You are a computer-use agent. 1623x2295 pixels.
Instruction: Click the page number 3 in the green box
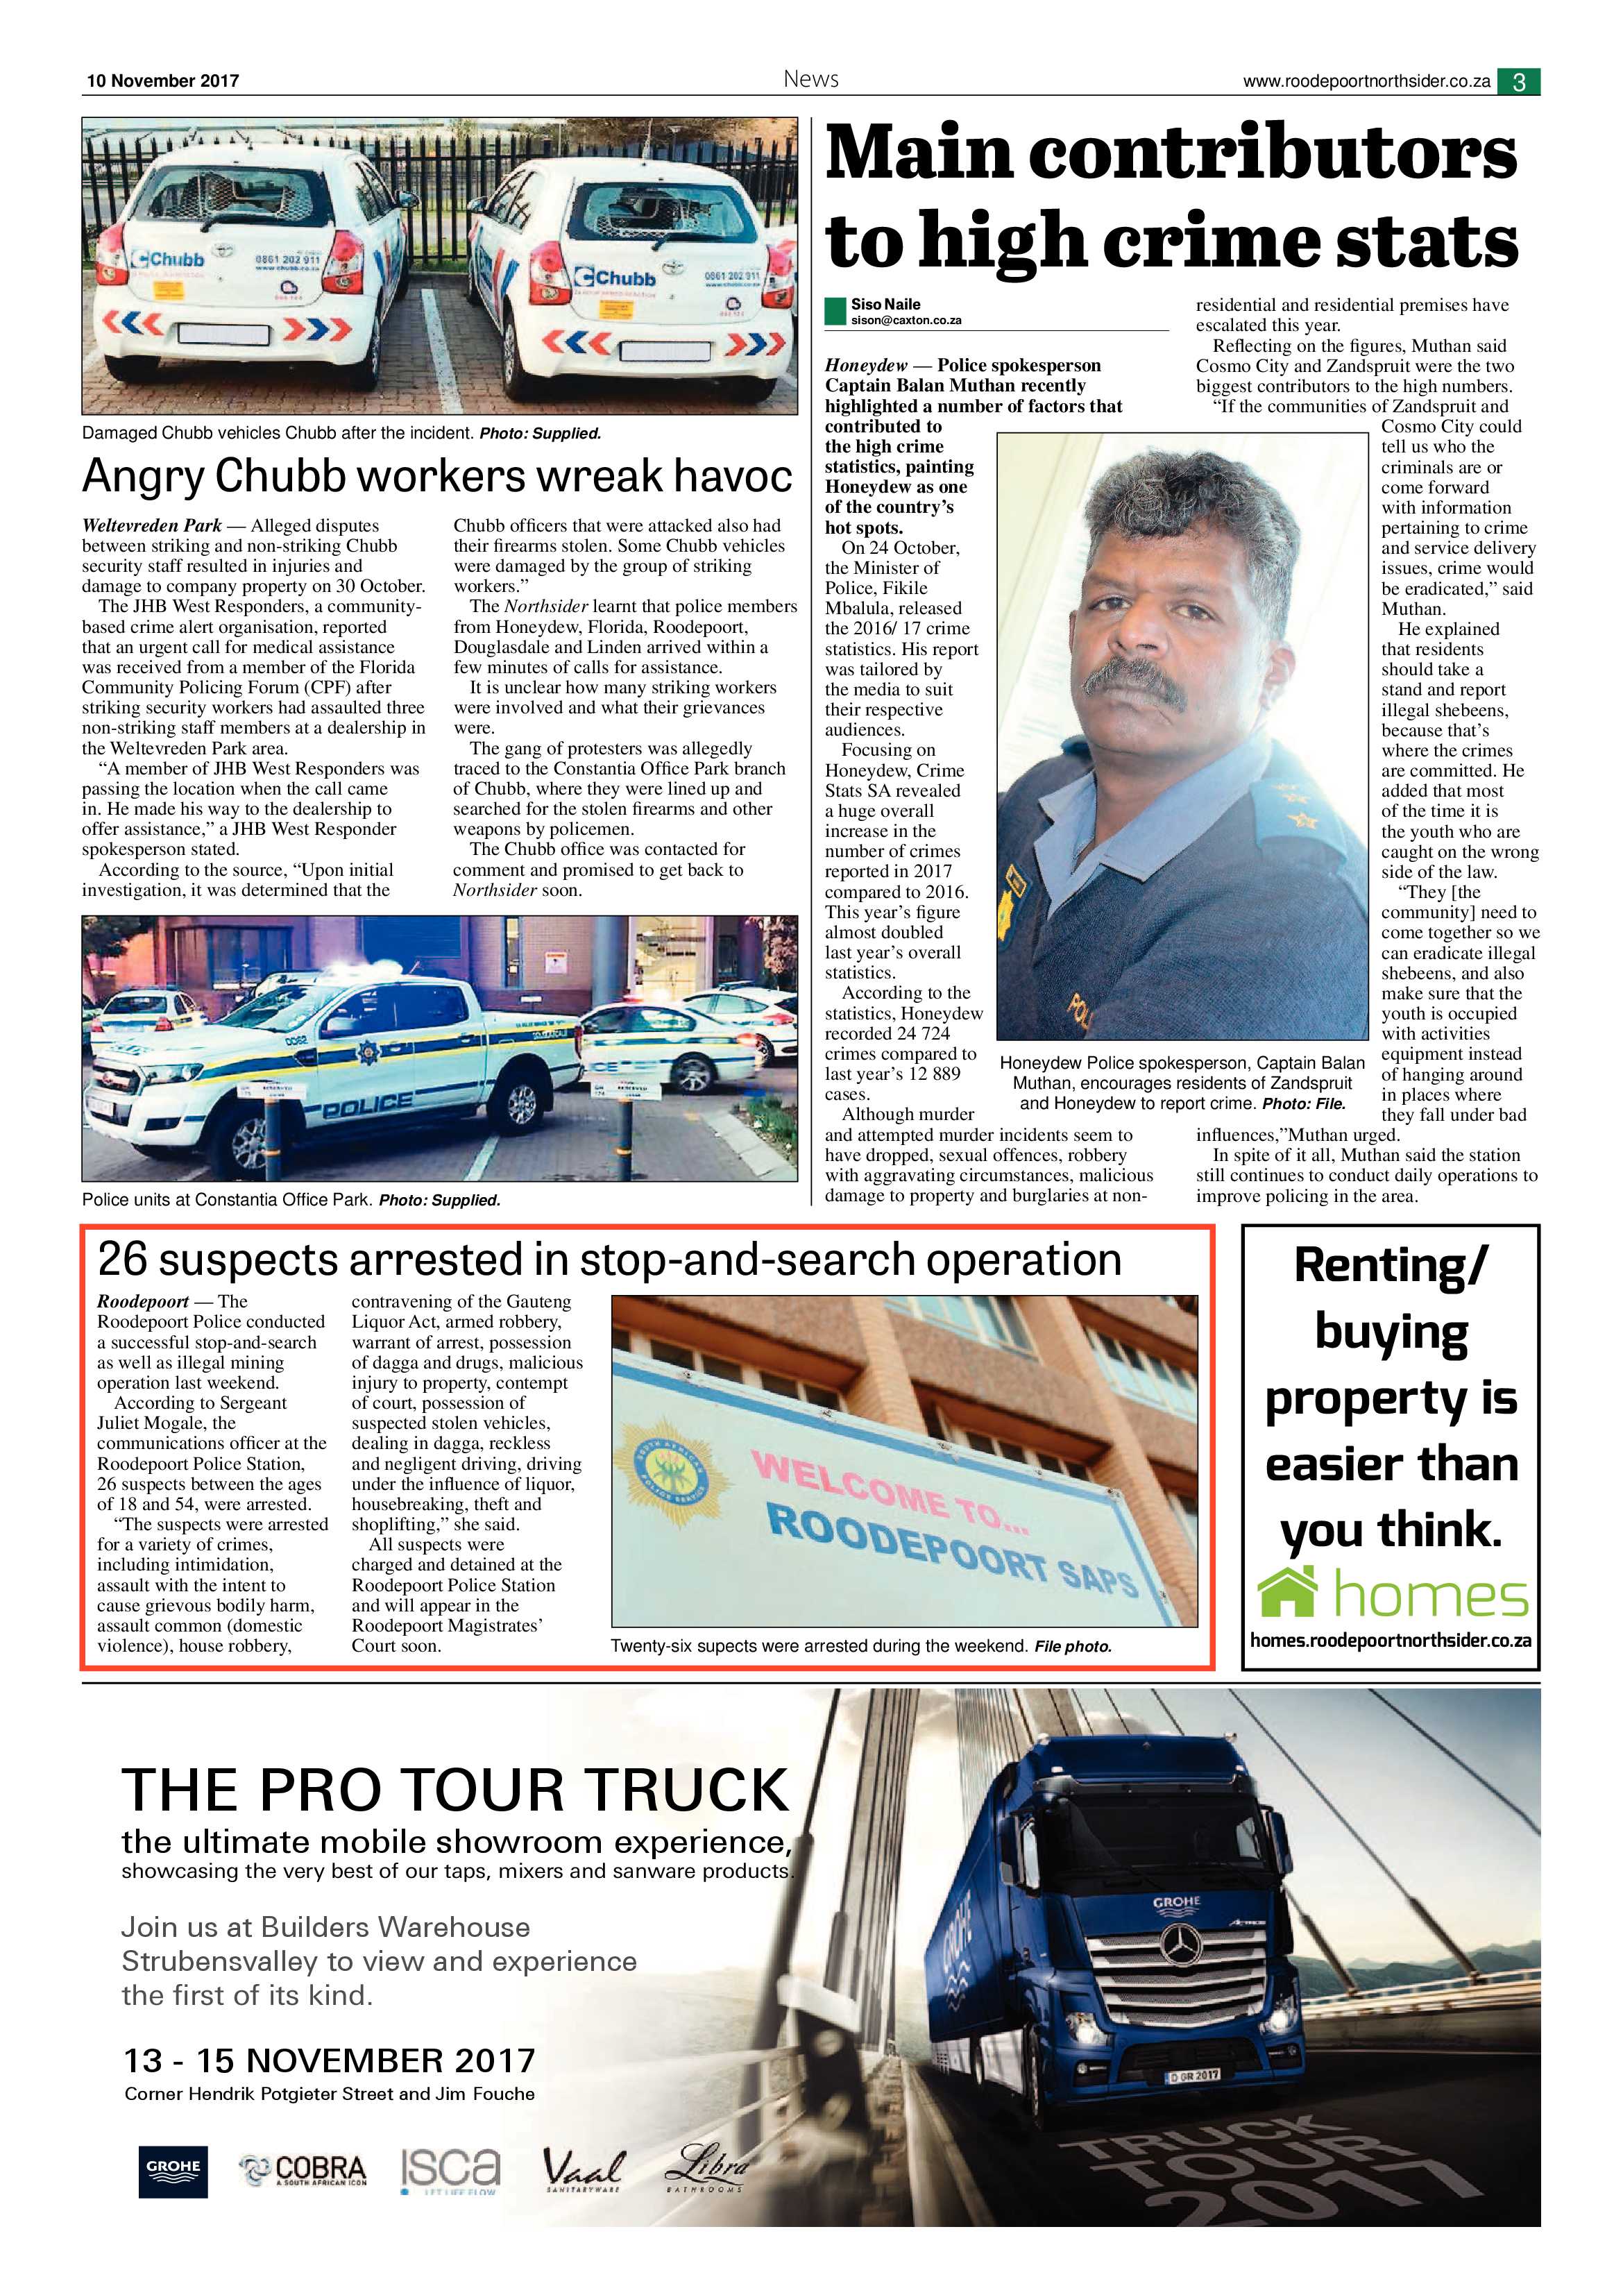point(1518,82)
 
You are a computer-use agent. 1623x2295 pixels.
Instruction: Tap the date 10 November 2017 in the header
point(163,81)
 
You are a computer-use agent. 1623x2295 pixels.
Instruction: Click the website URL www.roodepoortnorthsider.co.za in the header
point(1366,82)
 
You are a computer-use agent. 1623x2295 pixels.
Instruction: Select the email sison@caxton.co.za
point(906,321)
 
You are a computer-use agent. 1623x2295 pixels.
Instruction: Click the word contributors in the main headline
point(1272,155)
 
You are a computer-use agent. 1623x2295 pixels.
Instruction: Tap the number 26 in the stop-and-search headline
point(122,1260)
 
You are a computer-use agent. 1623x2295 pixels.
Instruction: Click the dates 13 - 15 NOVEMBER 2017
point(329,2061)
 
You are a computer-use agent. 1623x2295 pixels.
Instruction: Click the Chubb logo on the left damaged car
point(168,259)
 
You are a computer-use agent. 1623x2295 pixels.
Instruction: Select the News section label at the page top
point(810,79)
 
